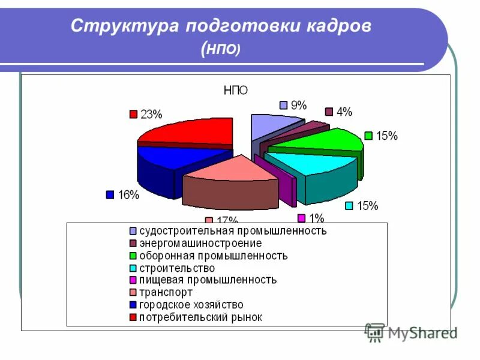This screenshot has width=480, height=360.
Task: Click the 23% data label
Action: click(151, 114)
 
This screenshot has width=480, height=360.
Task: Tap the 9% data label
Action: click(298, 106)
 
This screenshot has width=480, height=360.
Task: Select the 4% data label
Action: click(344, 112)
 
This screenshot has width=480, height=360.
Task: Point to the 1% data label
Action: click(316, 218)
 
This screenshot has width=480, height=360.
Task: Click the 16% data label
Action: click(128, 194)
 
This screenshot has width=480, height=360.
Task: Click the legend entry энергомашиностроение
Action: click(200, 243)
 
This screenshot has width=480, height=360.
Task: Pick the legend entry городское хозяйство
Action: click(191, 305)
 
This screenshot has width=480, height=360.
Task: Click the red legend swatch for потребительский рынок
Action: click(132, 317)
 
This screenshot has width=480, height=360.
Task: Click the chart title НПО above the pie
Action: click(236, 90)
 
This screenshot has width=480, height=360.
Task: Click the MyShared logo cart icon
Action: click(374, 332)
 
